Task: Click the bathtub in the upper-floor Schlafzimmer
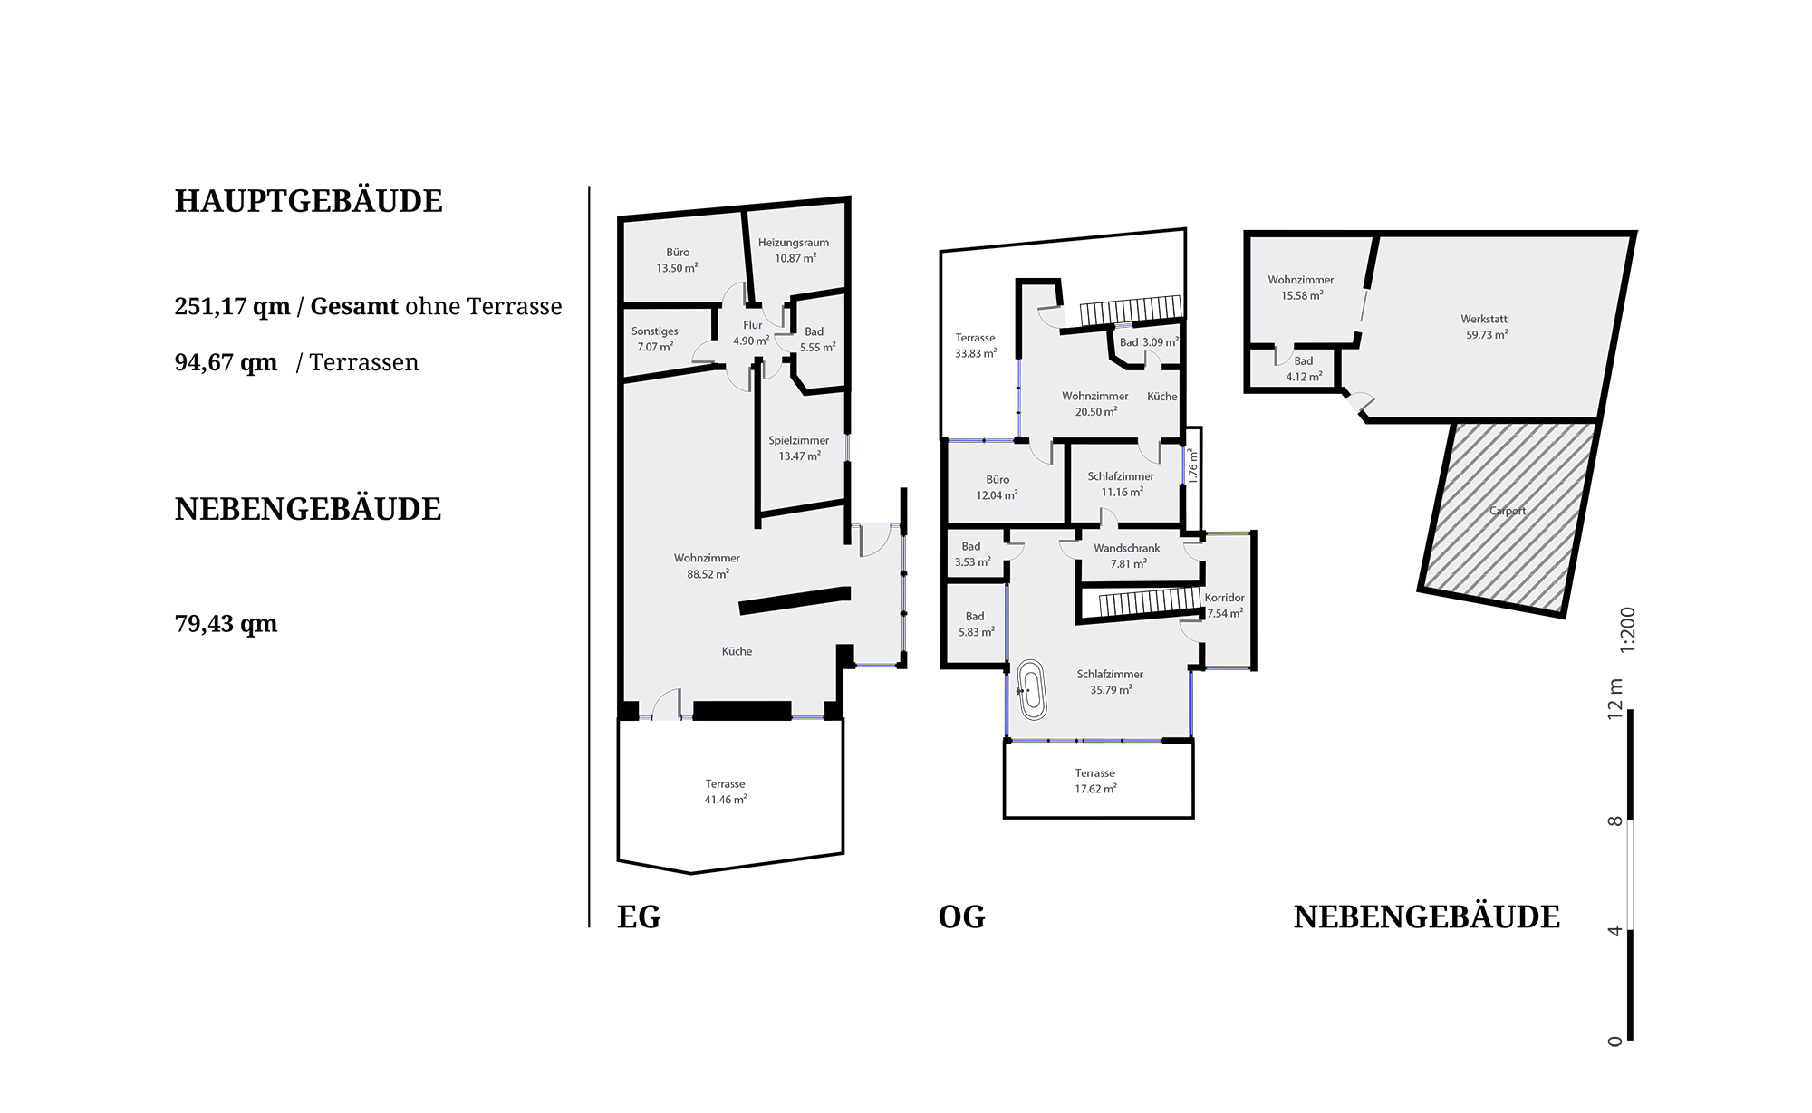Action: [1031, 690]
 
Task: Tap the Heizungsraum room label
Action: [794, 243]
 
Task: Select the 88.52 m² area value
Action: [708, 574]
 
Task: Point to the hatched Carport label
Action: [1508, 511]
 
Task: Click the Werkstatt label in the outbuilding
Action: [1484, 319]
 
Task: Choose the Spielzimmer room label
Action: [799, 441]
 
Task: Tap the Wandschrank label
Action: [1127, 548]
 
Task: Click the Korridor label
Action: [1224, 598]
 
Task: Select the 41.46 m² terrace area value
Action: [726, 800]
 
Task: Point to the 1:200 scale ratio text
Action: [1628, 629]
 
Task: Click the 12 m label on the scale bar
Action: [1615, 698]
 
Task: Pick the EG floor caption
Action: [639, 916]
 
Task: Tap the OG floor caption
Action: [961, 916]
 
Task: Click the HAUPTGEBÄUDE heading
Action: [308, 201]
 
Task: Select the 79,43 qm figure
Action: [226, 624]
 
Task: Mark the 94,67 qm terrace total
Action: [226, 362]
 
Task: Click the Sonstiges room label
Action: [654, 331]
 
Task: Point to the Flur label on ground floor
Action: [753, 325]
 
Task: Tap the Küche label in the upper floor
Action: [1162, 397]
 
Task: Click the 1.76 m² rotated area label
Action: [1193, 465]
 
